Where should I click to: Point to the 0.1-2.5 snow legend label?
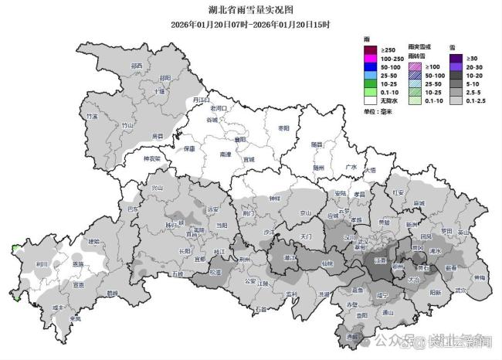(x=478, y=101)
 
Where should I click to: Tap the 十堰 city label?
(x=160, y=91)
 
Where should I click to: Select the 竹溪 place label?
(x=92, y=117)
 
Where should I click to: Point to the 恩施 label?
(x=77, y=263)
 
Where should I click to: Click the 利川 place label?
(x=42, y=263)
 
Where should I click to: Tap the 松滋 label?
(x=215, y=272)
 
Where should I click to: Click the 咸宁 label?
(x=382, y=295)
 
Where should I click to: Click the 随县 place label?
(x=316, y=144)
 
